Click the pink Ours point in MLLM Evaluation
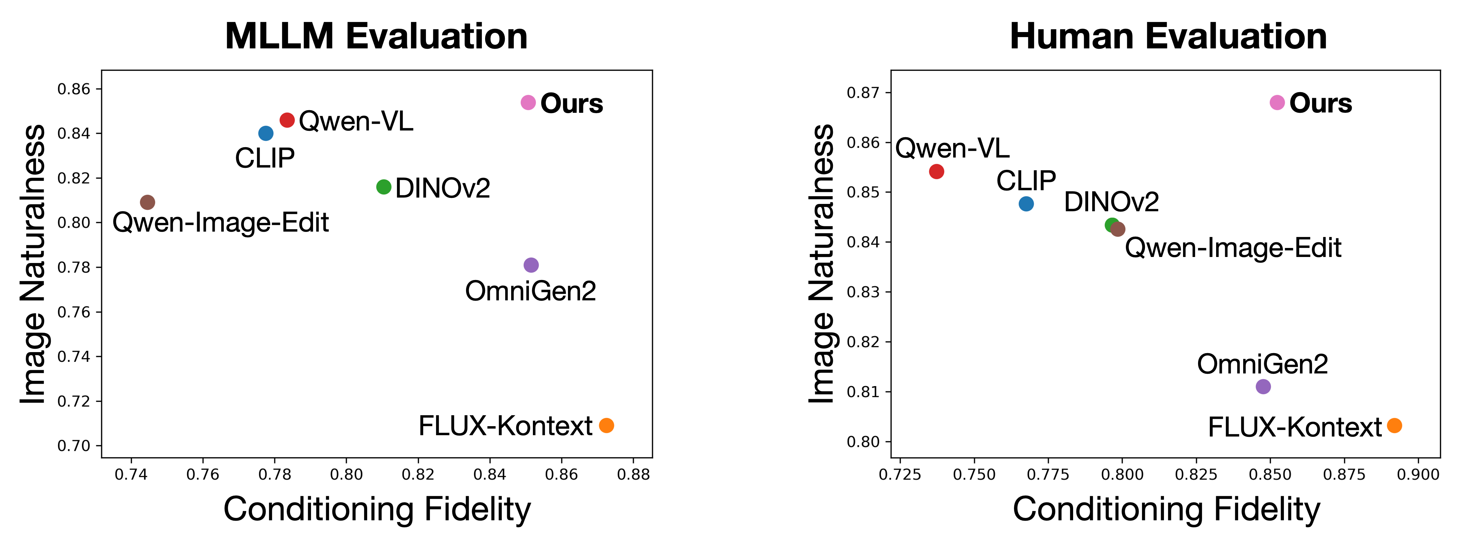528,102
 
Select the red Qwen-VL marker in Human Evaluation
936,172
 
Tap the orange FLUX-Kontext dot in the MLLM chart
606,425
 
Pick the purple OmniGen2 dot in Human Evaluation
1263,386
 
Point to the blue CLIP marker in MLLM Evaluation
266,133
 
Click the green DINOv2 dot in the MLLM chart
384,187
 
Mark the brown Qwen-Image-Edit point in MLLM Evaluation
147,202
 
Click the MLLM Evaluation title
376,36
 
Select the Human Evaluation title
1168,36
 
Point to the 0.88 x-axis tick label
633,474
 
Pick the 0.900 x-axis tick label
1418,474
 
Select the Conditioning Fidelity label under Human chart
1166,509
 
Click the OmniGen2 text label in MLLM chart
530,291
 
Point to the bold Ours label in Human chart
1320,103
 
